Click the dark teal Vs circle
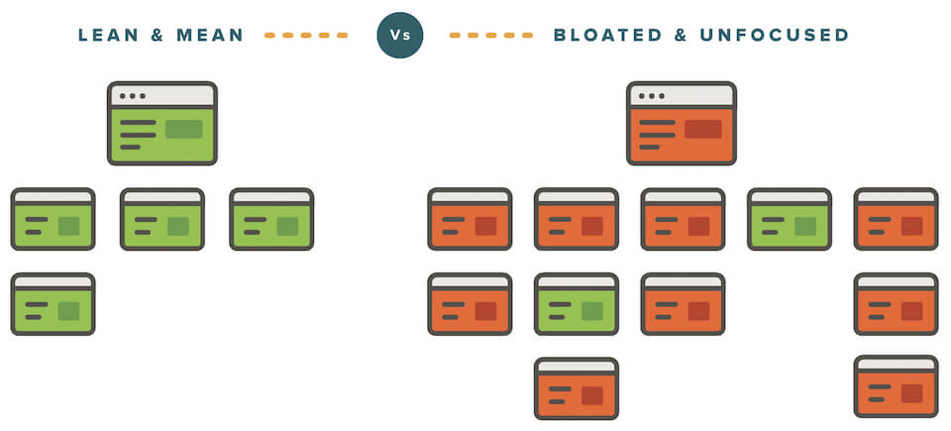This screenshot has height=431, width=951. pyautogui.click(x=399, y=35)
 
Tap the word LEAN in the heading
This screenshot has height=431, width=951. pyautogui.click(x=109, y=36)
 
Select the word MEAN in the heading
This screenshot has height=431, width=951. pyautogui.click(x=210, y=36)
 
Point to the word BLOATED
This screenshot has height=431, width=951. pyautogui.click(x=607, y=36)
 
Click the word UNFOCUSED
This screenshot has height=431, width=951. pyautogui.click(x=774, y=36)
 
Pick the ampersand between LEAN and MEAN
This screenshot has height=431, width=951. pyautogui.click(x=158, y=36)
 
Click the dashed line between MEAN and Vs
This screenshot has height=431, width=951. pyautogui.click(x=306, y=36)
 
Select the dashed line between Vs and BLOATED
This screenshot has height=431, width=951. pyautogui.click(x=490, y=36)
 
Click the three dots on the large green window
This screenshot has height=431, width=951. pyautogui.click(x=132, y=96)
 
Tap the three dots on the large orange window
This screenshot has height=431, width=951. pyautogui.click(x=652, y=96)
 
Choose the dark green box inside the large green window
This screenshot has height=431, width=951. pyautogui.click(x=184, y=129)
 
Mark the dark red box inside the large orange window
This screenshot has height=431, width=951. pyautogui.click(x=703, y=129)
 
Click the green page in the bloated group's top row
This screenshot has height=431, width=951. pyautogui.click(x=790, y=219)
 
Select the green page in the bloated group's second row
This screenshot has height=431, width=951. pyautogui.click(x=577, y=304)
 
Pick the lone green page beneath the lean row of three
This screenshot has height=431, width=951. pyautogui.click(x=53, y=304)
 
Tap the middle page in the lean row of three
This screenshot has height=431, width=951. pyautogui.click(x=161, y=219)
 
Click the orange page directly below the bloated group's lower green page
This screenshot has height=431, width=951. pyautogui.click(x=577, y=388)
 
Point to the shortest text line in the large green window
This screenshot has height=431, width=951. pyautogui.click(x=130, y=147)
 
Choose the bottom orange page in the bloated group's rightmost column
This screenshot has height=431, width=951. pyautogui.click(x=896, y=386)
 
